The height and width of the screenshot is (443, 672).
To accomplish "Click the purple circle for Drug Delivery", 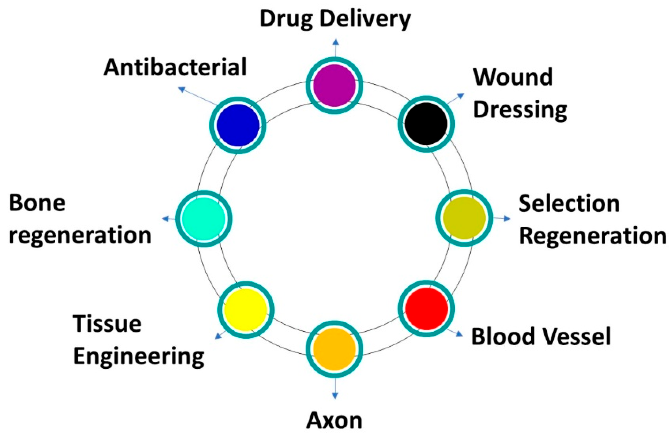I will tap(335, 86).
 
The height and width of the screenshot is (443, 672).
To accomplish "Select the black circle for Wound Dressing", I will tap(426, 124).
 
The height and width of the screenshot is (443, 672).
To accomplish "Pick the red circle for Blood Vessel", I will tap(426, 309).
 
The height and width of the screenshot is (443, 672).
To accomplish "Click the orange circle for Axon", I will tap(334, 349).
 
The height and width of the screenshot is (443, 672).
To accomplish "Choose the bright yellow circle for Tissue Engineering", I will tap(246, 310).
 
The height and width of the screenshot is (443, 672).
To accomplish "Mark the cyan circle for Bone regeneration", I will tap(204, 219).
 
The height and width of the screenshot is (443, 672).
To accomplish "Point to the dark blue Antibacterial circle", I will tap(238, 125).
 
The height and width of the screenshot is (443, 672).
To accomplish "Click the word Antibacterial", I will tap(175, 67).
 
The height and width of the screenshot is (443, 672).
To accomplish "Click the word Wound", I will tap(513, 77).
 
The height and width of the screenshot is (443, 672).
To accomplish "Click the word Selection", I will tap(569, 204).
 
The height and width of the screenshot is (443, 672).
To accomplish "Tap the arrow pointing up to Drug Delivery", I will tap(335, 48).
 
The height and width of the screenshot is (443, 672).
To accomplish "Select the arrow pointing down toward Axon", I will tap(335, 388).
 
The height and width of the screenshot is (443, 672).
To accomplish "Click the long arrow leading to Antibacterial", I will tap(198, 97).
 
